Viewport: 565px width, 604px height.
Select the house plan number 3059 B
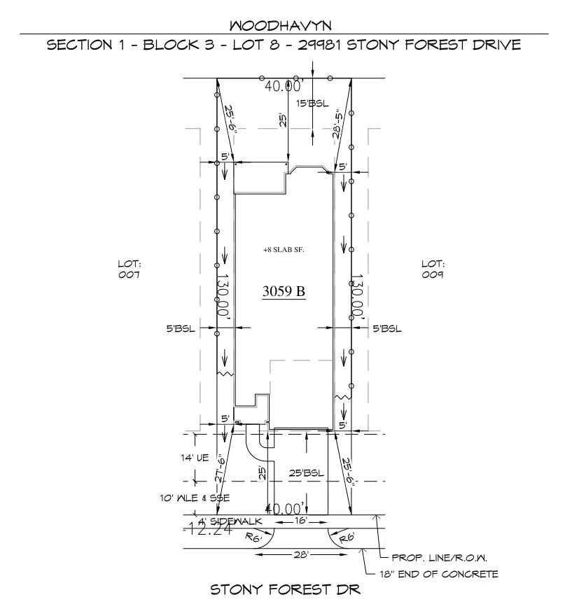click(x=284, y=292)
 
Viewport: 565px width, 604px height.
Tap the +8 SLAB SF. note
click(x=284, y=250)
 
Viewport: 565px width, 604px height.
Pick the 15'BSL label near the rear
click(x=312, y=104)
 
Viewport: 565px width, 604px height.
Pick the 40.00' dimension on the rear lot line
click(x=284, y=86)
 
